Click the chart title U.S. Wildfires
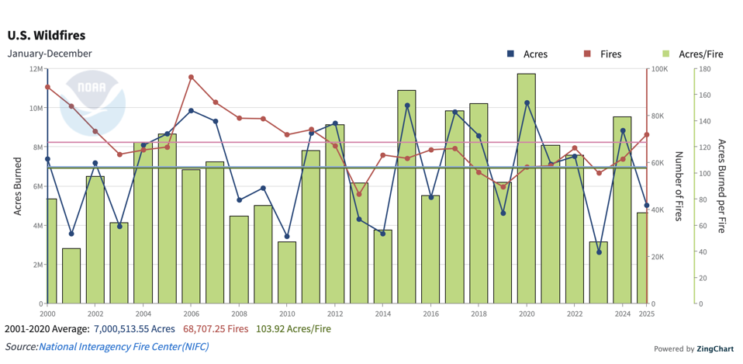[47, 36]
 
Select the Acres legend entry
[527, 54]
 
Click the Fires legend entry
[603, 54]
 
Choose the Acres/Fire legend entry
[693, 54]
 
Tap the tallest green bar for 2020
[527, 186]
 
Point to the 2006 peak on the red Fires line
[192, 78]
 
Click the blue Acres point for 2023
[599, 252]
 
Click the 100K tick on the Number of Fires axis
[660, 69]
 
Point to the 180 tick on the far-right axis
[705, 69]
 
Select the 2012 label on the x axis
[335, 314]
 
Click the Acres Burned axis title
[18, 186]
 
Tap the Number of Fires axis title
[677, 186]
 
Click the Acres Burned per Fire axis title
[721, 186]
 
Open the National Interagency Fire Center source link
[123, 347]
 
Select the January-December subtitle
[50, 54]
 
